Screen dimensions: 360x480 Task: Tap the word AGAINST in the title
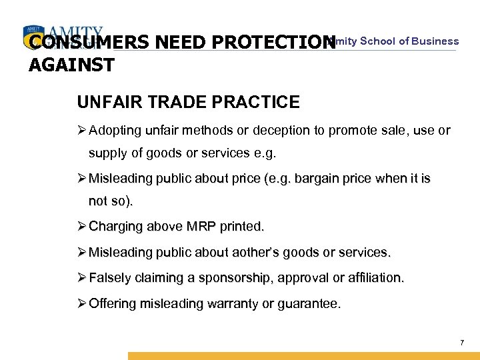[x=72, y=65]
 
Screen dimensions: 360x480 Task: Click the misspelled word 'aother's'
[x=251, y=253]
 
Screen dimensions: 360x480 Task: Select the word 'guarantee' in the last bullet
[x=310, y=304]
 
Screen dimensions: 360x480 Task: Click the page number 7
[x=462, y=343]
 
